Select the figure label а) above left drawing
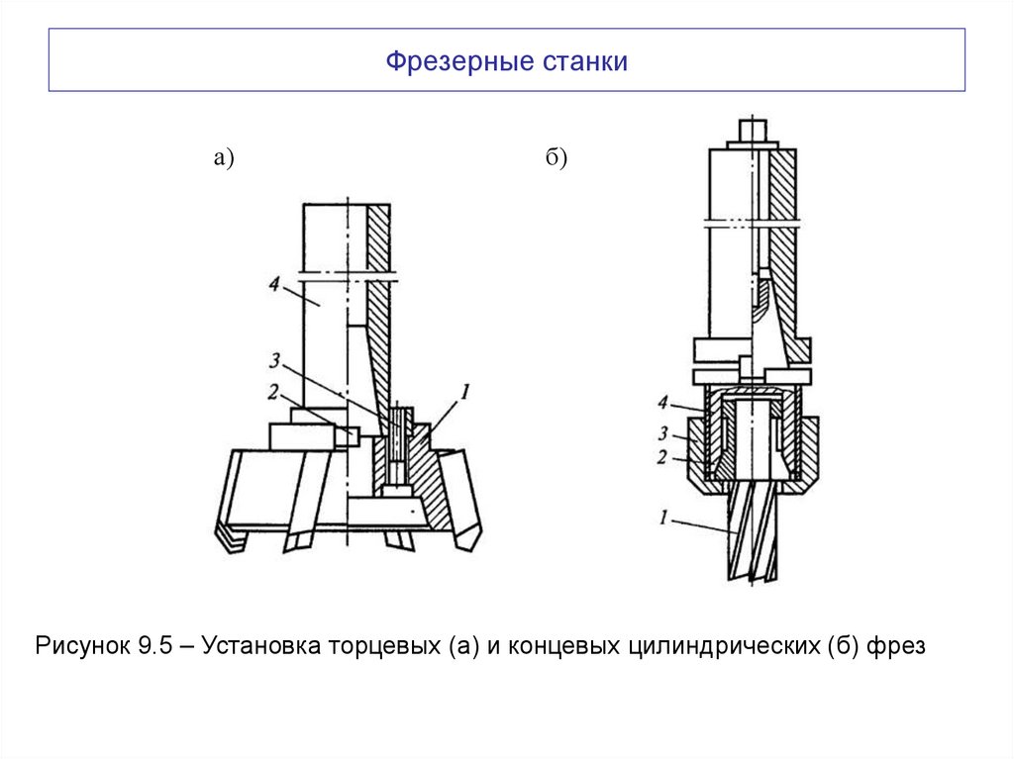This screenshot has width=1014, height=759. pyautogui.click(x=222, y=157)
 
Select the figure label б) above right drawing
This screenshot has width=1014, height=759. pyautogui.click(x=556, y=157)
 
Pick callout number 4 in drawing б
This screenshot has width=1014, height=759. pyautogui.click(x=662, y=402)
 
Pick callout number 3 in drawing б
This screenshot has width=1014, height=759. pyautogui.click(x=662, y=432)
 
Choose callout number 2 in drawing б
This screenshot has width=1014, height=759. pyautogui.click(x=662, y=457)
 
